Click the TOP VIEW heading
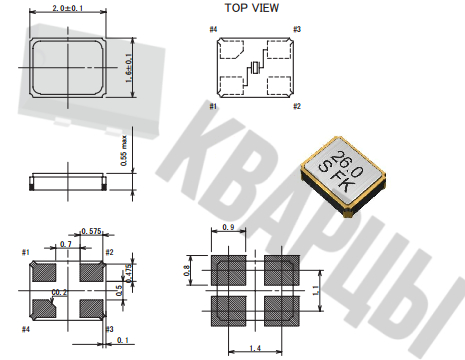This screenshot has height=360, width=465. click(252, 8)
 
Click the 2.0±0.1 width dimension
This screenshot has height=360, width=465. click(68, 8)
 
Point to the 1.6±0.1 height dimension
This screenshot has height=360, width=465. click(129, 68)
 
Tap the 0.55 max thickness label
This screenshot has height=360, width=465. click(124, 150)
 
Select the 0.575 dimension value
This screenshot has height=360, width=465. click(91, 231)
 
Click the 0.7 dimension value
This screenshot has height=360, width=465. click(66, 244)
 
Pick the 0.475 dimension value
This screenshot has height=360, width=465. click(129, 273)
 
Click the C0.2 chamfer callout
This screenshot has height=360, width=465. click(59, 292)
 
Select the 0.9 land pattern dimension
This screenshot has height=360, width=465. click(228, 227)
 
